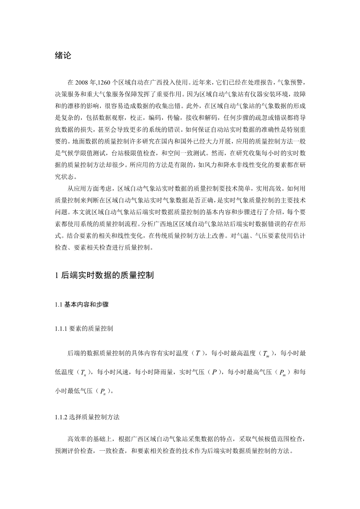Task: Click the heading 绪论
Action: [63, 56]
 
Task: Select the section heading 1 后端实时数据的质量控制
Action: [105, 275]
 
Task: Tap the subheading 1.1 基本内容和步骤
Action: [82, 304]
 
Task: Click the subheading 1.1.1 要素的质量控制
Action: [84, 329]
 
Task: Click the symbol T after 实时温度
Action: [198, 353]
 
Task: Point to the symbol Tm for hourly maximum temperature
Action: [266, 354]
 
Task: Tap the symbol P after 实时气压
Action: [214, 372]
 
